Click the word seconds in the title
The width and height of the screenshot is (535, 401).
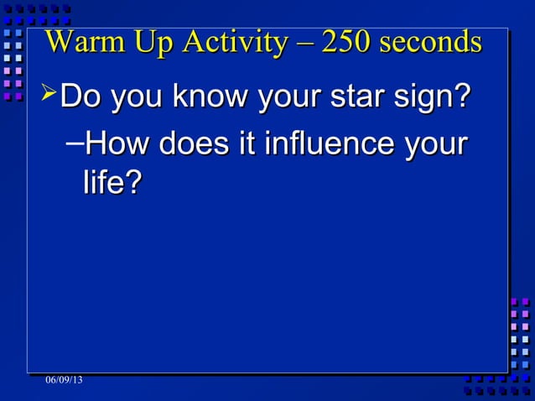click(x=431, y=42)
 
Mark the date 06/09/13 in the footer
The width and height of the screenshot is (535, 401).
click(x=65, y=382)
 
